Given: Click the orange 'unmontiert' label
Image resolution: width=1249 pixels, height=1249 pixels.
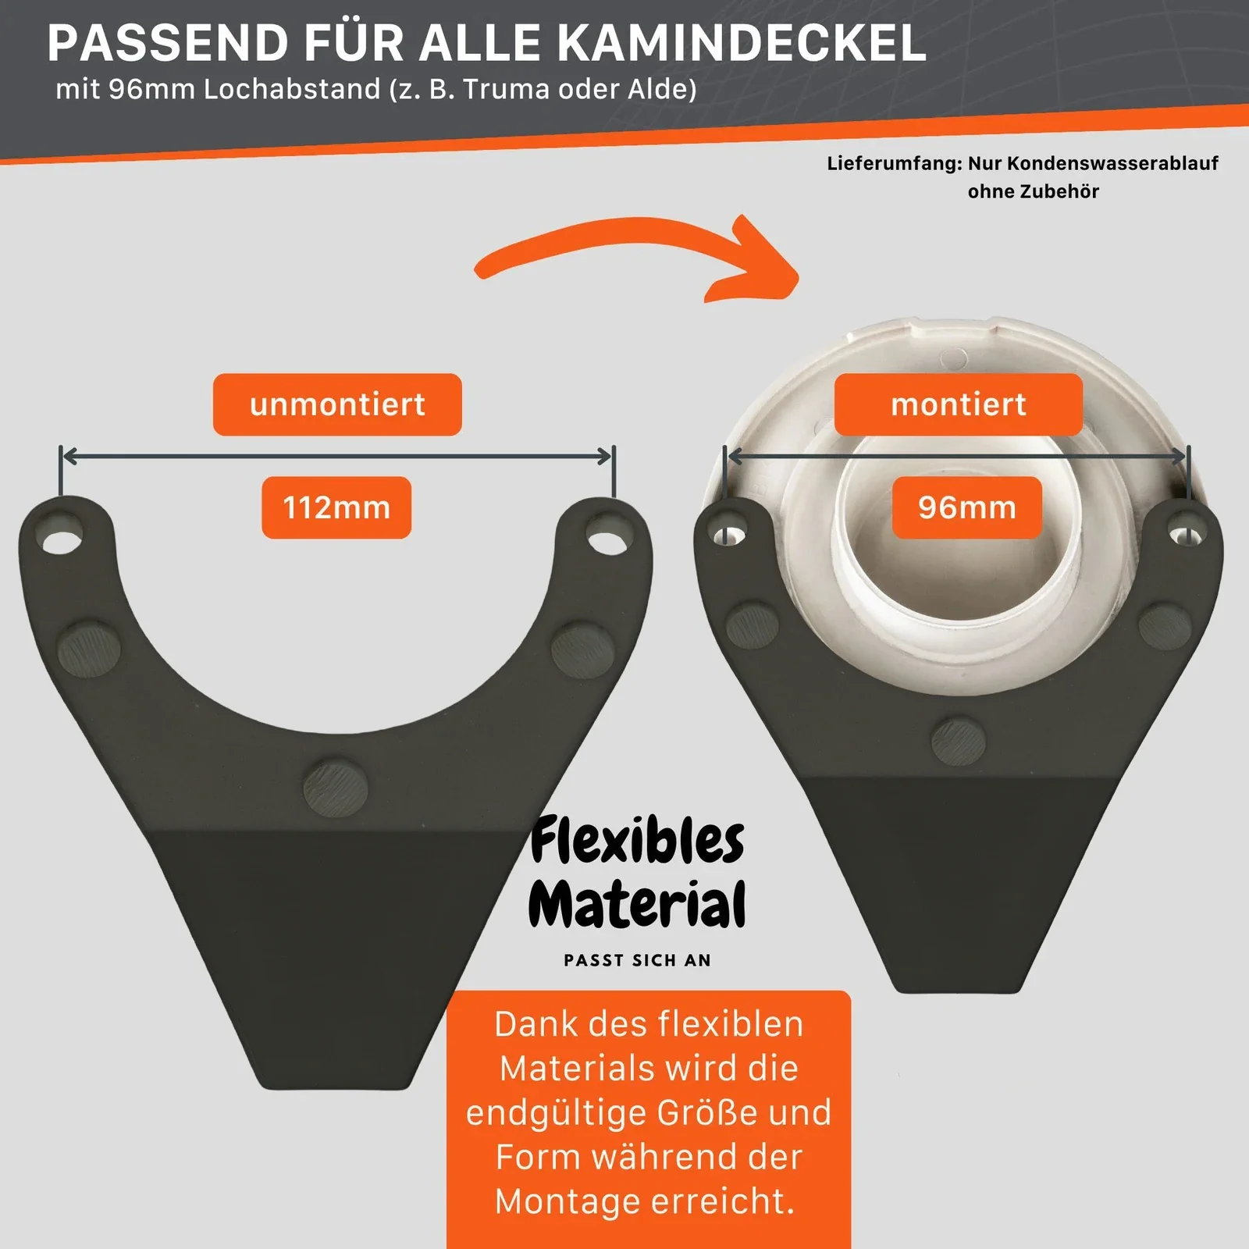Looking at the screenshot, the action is (x=337, y=404).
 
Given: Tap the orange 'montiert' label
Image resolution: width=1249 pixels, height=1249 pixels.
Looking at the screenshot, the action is (x=959, y=404).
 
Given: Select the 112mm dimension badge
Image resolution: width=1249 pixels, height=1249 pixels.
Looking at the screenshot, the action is (x=336, y=507).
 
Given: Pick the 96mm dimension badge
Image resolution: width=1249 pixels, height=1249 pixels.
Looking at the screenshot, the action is (x=967, y=507).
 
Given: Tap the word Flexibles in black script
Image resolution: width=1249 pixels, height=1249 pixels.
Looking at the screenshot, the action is (x=637, y=840).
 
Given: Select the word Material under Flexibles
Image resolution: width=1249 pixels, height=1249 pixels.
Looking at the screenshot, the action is (x=637, y=904).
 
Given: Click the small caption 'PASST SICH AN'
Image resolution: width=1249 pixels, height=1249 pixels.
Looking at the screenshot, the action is (x=638, y=960).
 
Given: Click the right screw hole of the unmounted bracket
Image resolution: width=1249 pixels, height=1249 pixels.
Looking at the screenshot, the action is (x=608, y=539).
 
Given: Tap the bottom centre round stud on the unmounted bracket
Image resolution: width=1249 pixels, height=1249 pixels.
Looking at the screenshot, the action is (x=335, y=787).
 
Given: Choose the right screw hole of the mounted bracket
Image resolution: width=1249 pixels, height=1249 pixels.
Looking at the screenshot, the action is (x=1187, y=534).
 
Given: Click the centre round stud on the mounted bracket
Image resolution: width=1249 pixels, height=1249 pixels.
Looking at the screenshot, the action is (x=959, y=740).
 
